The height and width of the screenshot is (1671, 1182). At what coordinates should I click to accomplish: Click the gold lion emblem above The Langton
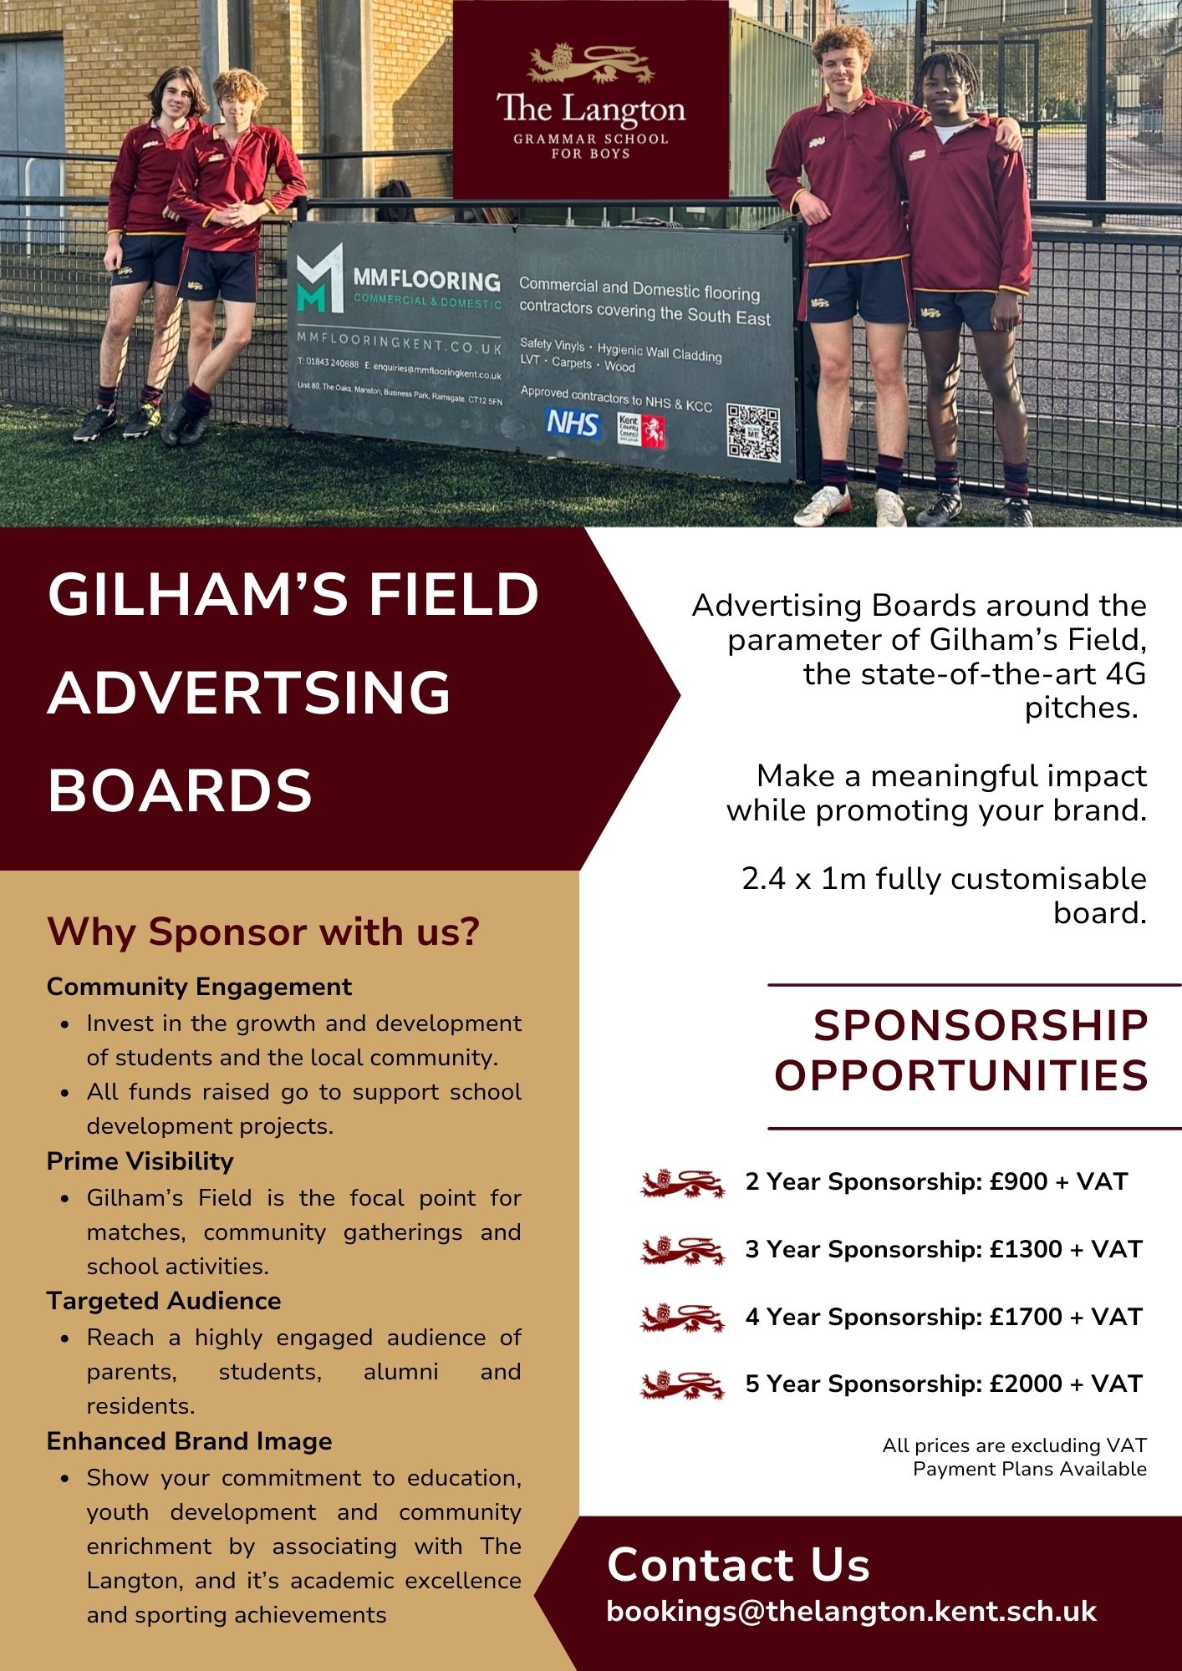coord(591,63)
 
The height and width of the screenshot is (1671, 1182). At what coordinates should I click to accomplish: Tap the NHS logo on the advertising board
coord(573,424)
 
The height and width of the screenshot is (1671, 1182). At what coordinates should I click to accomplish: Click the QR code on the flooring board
coord(753,432)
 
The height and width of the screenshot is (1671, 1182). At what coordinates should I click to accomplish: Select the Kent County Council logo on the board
coord(641,429)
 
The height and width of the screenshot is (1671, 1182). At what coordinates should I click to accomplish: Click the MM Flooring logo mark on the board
coord(320,277)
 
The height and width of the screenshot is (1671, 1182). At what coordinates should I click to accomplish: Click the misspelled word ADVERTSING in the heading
coord(249,693)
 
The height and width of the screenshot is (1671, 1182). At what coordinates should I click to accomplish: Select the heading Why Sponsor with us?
coord(263,932)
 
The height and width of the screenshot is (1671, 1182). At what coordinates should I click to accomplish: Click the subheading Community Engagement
coord(199,987)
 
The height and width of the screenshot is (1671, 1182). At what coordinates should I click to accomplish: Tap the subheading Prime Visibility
coord(140,1161)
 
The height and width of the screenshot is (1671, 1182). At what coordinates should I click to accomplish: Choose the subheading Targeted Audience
coord(164,1301)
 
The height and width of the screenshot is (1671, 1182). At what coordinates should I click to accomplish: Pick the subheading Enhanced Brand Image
coord(189,1441)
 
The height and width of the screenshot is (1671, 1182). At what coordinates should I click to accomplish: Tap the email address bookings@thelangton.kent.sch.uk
coord(851,1611)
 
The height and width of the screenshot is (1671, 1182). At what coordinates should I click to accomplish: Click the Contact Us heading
coord(738,1564)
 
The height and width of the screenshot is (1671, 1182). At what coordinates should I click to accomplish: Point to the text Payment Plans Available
coord(1030,1469)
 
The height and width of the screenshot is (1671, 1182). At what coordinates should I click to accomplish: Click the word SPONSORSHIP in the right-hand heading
coord(981,1026)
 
